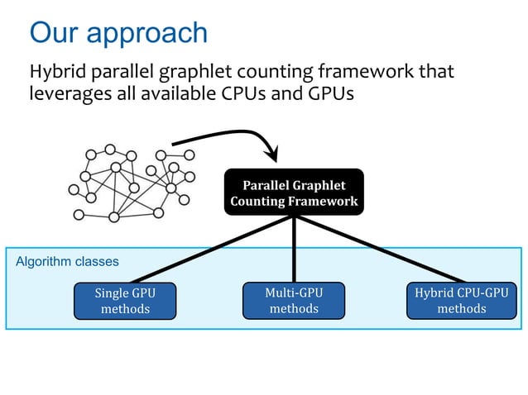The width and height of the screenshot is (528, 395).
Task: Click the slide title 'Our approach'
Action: (x=118, y=33)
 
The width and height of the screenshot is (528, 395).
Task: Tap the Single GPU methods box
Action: (x=124, y=301)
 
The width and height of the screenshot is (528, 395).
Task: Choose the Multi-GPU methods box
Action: (x=293, y=301)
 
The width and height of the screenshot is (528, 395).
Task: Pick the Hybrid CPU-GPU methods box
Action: (x=461, y=301)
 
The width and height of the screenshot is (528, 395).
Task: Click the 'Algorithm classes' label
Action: (x=67, y=262)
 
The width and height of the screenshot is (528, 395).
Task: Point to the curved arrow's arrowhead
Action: (x=270, y=154)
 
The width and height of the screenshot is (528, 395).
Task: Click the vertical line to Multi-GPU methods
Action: (x=294, y=248)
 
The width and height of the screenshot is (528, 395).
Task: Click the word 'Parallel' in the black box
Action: (x=268, y=185)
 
